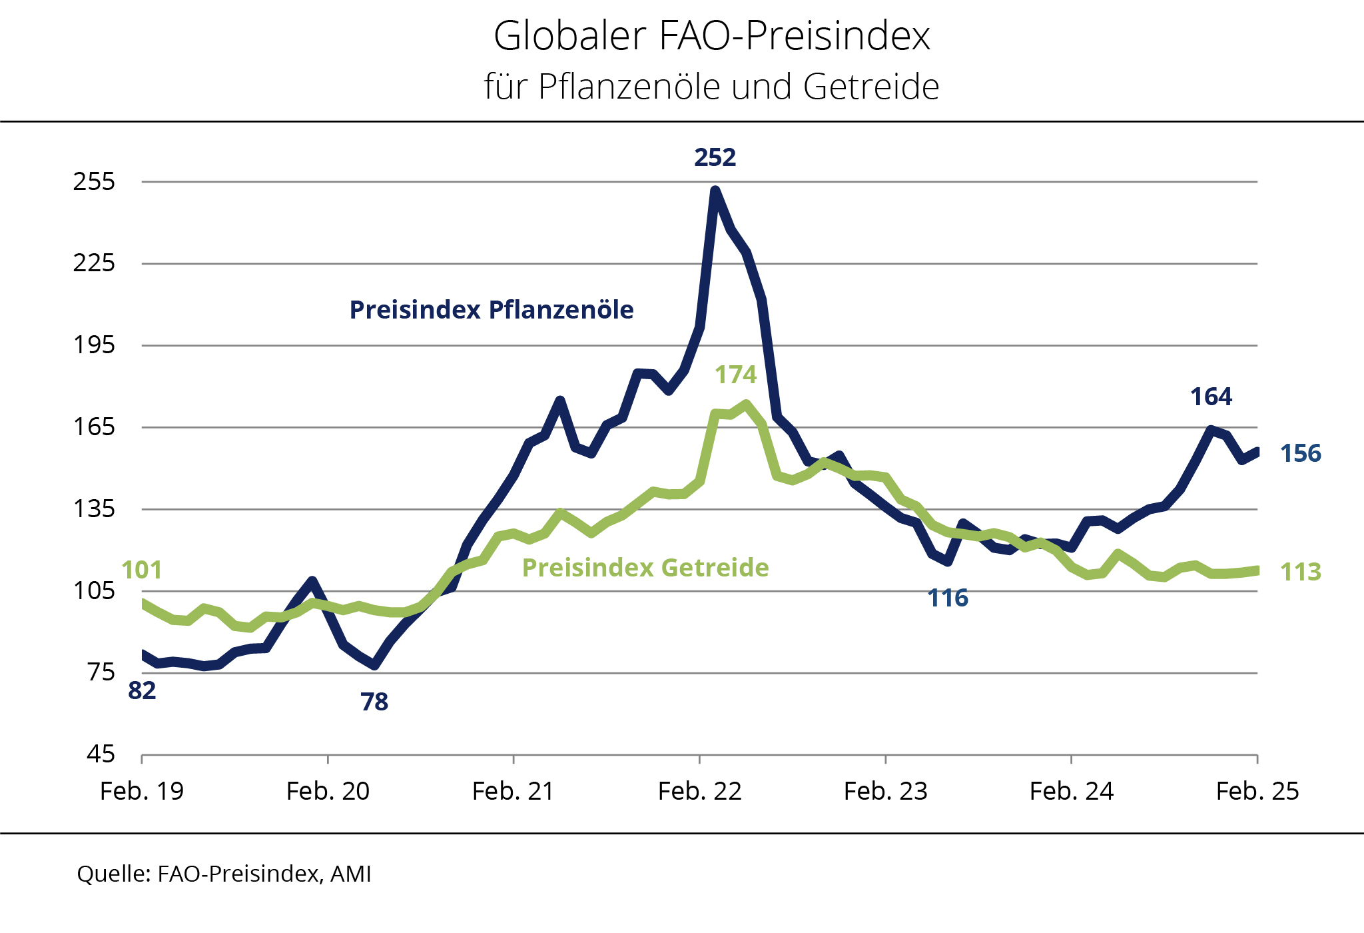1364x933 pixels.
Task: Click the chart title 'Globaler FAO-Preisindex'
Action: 711,36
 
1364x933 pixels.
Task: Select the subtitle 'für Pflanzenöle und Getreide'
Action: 711,87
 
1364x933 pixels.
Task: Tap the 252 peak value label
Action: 715,157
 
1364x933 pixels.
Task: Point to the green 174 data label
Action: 735,375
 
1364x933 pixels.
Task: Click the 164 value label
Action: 1211,397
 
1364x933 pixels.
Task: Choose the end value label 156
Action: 1300,453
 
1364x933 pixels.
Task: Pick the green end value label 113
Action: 1300,572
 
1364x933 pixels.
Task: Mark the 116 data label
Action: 948,598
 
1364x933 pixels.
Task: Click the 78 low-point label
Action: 374,702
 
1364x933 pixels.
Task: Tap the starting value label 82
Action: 142,690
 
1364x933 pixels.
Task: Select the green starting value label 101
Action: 142,570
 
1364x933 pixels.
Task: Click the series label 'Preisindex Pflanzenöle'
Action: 492,310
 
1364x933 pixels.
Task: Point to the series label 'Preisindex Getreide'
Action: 645,568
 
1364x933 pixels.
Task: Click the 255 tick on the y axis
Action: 94,181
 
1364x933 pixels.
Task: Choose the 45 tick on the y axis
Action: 101,754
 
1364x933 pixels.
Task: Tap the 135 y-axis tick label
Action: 94,509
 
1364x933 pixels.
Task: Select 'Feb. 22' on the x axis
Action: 699,791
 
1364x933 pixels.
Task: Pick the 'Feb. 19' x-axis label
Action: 142,791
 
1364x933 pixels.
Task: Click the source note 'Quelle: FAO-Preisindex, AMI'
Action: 224,874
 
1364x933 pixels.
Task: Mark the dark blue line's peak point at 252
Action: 715,191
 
